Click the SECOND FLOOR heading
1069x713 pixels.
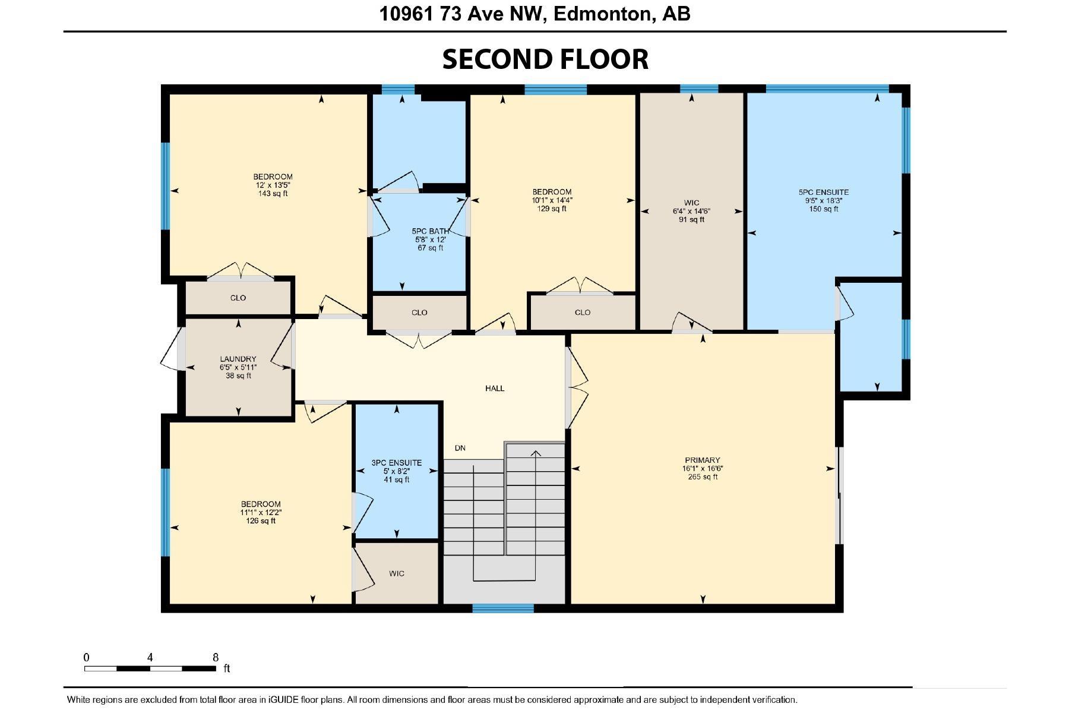[x=545, y=59]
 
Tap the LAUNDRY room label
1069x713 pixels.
[x=238, y=359]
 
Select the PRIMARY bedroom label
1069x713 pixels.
[x=702, y=460]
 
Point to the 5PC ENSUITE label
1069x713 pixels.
[x=823, y=193]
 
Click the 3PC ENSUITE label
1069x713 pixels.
[x=396, y=463]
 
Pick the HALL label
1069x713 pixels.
[x=495, y=389]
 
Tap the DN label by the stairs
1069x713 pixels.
[x=460, y=448]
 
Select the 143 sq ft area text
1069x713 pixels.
[x=273, y=194]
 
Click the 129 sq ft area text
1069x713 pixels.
[x=552, y=209]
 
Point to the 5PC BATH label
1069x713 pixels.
[x=430, y=232]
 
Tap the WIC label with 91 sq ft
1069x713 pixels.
[x=691, y=203]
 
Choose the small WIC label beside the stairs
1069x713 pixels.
[x=397, y=573]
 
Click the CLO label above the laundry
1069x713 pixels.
[x=238, y=298]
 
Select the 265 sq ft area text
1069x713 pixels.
[x=703, y=477]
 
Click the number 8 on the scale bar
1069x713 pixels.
[x=216, y=658]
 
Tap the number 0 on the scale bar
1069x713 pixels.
[x=87, y=658]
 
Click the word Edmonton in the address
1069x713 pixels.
[x=600, y=14]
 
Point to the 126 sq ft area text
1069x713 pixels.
[x=261, y=521]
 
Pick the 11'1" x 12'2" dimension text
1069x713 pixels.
[x=261, y=513]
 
